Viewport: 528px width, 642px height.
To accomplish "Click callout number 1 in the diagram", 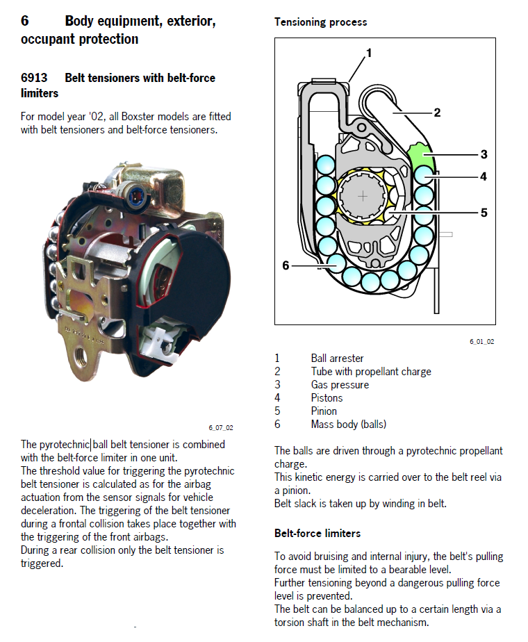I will coord(369,53).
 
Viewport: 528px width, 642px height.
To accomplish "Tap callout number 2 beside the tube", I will coord(437,112).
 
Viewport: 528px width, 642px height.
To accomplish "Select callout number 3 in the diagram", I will coord(484,154).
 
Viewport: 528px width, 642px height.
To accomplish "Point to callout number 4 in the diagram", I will coord(484,176).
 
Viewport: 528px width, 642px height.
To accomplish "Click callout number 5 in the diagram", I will coord(484,213).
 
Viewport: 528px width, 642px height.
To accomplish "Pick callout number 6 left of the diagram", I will coord(286,265).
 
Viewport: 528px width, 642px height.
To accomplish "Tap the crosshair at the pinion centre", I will coord(362,197).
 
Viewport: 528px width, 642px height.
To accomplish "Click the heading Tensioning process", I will coord(320,22).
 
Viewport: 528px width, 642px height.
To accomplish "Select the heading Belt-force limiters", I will coord(317,534).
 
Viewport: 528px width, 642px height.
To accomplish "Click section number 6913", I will coord(34,78).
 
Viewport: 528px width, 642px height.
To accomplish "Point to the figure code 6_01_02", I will coord(481,342).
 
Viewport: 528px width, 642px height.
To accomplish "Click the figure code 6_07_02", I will coord(220,427).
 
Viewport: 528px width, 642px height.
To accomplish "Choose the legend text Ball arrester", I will coord(337,359).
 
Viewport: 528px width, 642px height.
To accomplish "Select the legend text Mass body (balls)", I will coord(348,424).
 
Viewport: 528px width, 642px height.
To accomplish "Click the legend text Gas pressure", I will coord(340,385).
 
